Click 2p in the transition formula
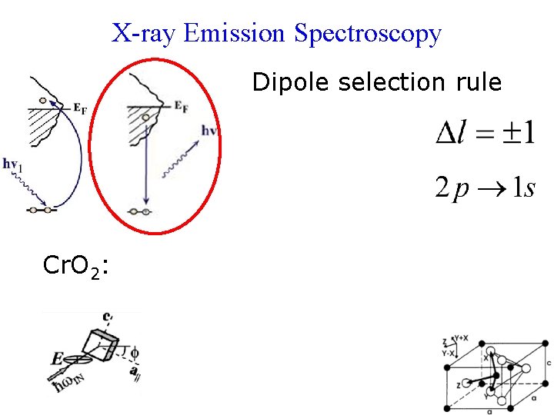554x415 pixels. [x=451, y=188]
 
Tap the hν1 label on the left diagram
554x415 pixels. [x=12, y=163]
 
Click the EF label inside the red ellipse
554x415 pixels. [x=182, y=108]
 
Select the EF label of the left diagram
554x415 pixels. [x=79, y=109]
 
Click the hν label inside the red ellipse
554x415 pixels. [x=209, y=131]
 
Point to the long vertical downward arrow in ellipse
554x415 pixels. [x=145, y=165]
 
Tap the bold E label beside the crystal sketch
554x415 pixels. [x=57, y=358]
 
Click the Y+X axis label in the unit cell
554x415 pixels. [x=462, y=337]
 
